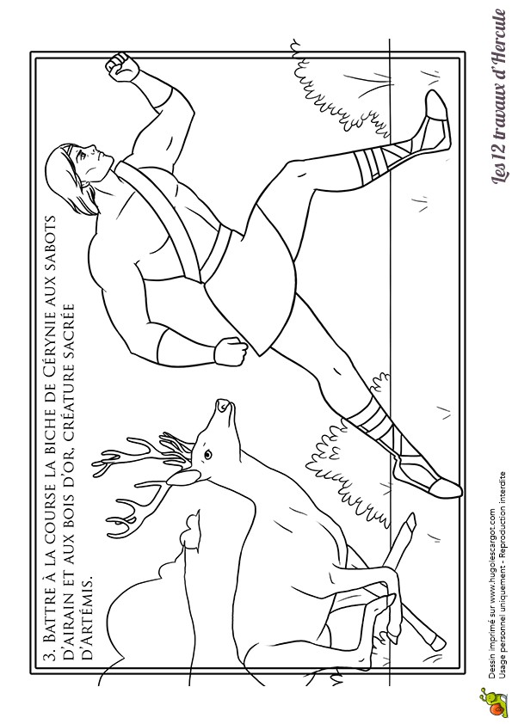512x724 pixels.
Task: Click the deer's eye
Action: (207, 455)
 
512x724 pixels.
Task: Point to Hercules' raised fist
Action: (121, 68)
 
